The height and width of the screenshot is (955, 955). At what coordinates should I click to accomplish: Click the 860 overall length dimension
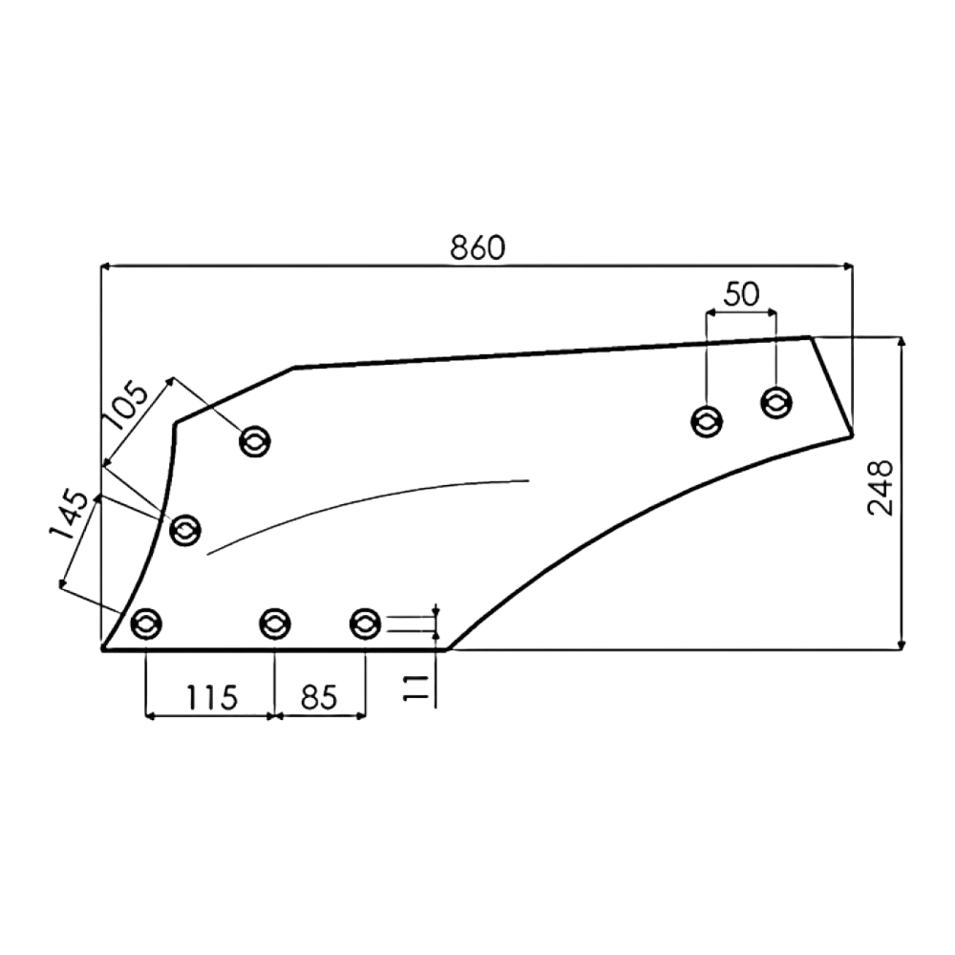click(477, 247)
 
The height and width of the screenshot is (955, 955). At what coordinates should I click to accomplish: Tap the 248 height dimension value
click(881, 488)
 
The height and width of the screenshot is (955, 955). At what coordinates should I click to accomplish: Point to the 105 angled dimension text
click(125, 405)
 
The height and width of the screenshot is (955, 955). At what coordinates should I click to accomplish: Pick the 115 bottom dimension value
click(211, 698)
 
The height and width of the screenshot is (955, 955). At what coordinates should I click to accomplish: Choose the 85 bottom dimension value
click(319, 698)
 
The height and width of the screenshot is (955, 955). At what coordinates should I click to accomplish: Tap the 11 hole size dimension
click(416, 688)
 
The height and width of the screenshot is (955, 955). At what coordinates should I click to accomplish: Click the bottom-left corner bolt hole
click(146, 624)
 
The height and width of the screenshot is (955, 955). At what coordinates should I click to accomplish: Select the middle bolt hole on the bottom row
click(275, 624)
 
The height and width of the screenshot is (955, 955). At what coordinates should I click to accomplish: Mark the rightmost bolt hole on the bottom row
click(365, 624)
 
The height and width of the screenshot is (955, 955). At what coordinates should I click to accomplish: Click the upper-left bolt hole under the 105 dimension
click(255, 441)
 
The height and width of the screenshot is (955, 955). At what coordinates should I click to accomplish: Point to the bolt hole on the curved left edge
click(185, 530)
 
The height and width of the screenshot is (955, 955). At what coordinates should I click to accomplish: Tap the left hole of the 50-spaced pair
click(707, 421)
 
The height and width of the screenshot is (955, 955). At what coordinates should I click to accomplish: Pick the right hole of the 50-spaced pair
click(775, 402)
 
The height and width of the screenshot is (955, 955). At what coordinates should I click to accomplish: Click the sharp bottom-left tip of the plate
click(102, 649)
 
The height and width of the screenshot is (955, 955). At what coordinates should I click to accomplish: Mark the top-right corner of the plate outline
click(810, 337)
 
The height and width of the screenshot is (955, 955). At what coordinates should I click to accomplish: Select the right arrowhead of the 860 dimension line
click(848, 266)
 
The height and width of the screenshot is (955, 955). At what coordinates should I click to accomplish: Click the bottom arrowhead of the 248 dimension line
click(902, 645)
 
